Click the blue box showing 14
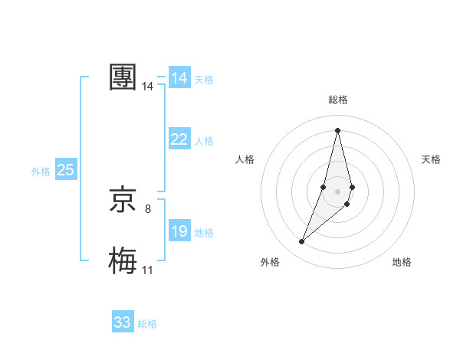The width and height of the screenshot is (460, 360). coord(179,78)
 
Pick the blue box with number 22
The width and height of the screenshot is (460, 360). coord(179,139)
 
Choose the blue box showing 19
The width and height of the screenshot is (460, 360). coord(179,231)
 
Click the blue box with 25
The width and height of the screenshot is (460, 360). coord(66,170)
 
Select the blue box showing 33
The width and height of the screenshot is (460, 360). coord(123,322)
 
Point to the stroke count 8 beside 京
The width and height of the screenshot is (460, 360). coord(148,208)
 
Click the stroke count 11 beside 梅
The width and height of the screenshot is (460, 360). coord(148,270)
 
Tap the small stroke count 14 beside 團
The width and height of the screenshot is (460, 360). coord(148,87)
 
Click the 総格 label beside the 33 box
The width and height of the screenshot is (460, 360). coord(147,324)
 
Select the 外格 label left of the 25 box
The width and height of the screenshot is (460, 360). coord(41,172)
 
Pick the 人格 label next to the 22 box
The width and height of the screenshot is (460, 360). coord(204,141)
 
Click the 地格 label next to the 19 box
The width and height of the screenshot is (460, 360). coord(204,233)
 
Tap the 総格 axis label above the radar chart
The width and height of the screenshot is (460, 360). coord(337,100)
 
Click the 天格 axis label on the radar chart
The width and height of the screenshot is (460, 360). coord(432,159)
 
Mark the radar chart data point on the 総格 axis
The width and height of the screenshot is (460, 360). coord(337,129)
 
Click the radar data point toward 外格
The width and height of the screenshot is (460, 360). coord(302,242)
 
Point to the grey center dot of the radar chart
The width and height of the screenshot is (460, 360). coord(337,191)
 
